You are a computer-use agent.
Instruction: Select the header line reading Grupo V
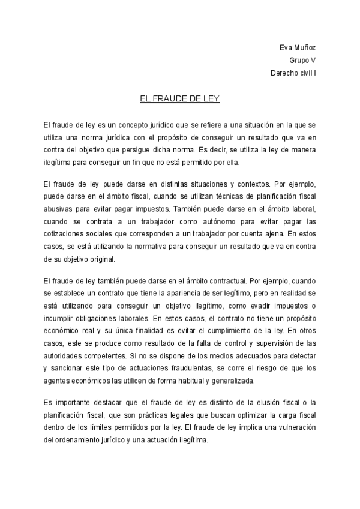click(302, 61)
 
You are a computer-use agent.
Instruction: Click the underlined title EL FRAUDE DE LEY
click(179, 98)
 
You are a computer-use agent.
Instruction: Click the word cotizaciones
click(66, 234)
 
